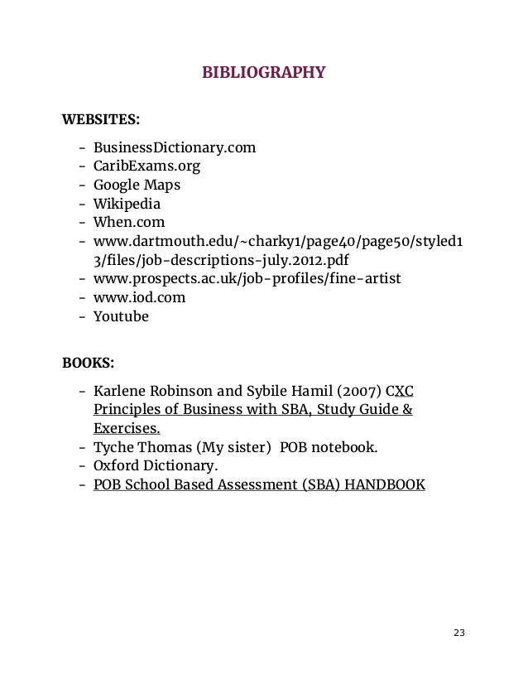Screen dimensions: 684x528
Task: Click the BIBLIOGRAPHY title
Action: pyautogui.click(x=264, y=73)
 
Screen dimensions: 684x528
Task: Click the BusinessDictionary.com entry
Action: pyautogui.click(x=175, y=148)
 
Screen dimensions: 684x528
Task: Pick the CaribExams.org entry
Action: pyautogui.click(x=146, y=166)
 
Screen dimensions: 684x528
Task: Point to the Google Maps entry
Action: pyautogui.click(x=137, y=185)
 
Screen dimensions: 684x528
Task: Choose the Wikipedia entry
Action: pyautogui.click(x=127, y=204)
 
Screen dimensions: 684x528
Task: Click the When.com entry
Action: pyautogui.click(x=129, y=222)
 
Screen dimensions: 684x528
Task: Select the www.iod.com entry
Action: pyautogui.click(x=139, y=296)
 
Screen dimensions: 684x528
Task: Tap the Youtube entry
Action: pyautogui.click(x=121, y=316)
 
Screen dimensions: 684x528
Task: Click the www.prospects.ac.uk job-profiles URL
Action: pyautogui.click(x=247, y=278)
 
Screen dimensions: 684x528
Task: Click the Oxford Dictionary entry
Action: pyautogui.click(x=156, y=466)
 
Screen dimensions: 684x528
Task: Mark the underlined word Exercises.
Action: pyautogui.click(x=127, y=429)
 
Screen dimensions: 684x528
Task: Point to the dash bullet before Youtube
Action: pyautogui.click(x=84, y=316)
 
